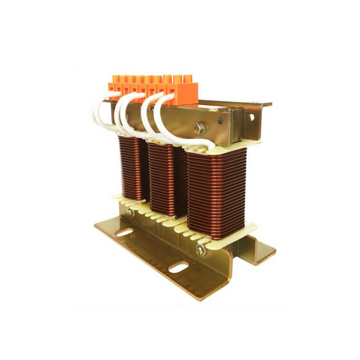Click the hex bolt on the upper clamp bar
pyautogui.click(x=198, y=128)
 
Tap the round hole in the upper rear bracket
pyautogui.click(x=252, y=117)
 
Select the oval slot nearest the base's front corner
pyautogui.click(x=179, y=267)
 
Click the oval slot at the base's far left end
pyautogui.click(x=124, y=232)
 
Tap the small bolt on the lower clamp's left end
pyautogui.click(x=130, y=211)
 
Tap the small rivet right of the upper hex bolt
pyautogui.click(x=220, y=121)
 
